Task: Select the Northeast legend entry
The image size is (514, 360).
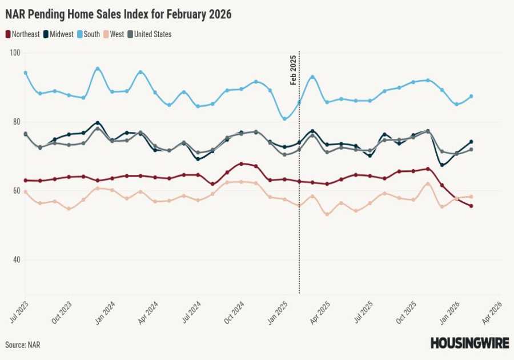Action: tap(23, 34)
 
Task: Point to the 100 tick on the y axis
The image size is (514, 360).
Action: tap(15, 53)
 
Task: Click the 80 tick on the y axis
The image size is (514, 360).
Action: tap(15, 122)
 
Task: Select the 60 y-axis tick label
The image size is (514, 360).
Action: tap(15, 191)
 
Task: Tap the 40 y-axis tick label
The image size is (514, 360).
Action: tap(15, 260)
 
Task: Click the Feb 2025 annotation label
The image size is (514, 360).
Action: tap(294, 70)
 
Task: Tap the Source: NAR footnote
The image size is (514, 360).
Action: tap(23, 345)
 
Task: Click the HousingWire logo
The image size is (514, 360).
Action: tap(469, 343)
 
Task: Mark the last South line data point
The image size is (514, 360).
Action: tap(471, 96)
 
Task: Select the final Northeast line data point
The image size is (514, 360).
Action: tap(471, 206)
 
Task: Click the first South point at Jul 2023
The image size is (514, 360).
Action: tap(26, 73)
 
